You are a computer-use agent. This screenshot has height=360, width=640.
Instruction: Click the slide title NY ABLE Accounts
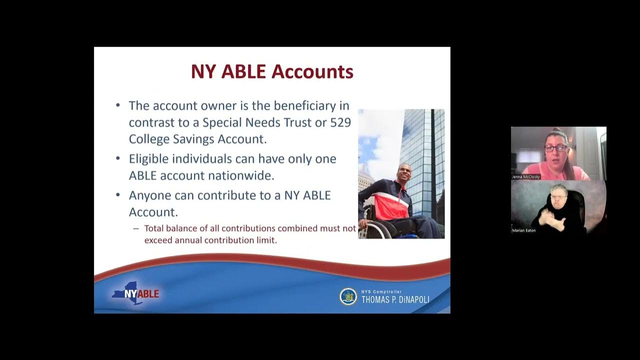pyautogui.click(x=272, y=71)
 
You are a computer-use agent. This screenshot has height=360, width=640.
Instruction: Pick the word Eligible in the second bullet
pyautogui.click(x=151, y=159)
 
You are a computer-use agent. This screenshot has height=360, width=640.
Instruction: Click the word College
pyautogui.click(x=150, y=138)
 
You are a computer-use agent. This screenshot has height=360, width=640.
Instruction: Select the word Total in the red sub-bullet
pyautogui.click(x=156, y=228)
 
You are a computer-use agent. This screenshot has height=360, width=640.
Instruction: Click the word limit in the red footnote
pyautogui.click(x=266, y=240)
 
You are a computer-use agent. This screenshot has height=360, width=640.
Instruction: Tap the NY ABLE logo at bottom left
pyautogui.click(x=135, y=293)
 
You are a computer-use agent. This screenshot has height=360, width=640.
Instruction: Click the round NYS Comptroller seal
pyautogui.click(x=348, y=296)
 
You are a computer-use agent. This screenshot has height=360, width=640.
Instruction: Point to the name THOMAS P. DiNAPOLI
pyautogui.click(x=395, y=299)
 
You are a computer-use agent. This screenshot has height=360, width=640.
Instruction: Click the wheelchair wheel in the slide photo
pyautogui.click(x=380, y=229)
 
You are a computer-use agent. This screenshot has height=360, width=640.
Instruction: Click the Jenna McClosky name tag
pyautogui.click(x=526, y=177)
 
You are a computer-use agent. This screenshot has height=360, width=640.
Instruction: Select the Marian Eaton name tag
pyautogui.click(x=523, y=230)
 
